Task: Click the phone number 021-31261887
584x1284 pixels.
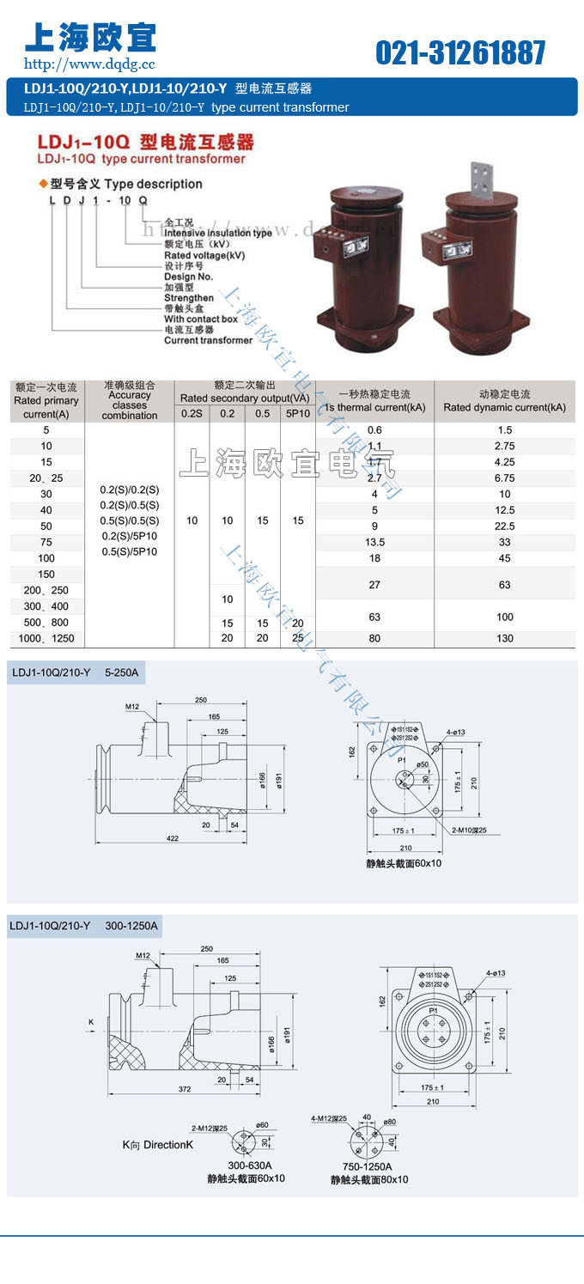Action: coord(460,53)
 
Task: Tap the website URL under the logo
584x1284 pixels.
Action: coord(89,64)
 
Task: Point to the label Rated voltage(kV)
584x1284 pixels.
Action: coord(204,255)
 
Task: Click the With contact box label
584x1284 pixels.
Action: coord(200,319)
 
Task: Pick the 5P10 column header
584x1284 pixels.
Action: coord(298,413)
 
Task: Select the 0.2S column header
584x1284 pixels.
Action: coord(192,413)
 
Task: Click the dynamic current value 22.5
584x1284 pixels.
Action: coord(504,526)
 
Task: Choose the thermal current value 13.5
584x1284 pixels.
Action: coord(374,542)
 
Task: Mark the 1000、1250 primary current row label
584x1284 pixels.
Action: coord(46,638)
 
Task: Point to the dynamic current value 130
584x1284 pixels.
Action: coord(504,638)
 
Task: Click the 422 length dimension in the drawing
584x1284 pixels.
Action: coord(172,838)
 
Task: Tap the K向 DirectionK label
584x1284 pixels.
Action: coord(158,1145)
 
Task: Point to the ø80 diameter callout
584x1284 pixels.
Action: coord(390,1122)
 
